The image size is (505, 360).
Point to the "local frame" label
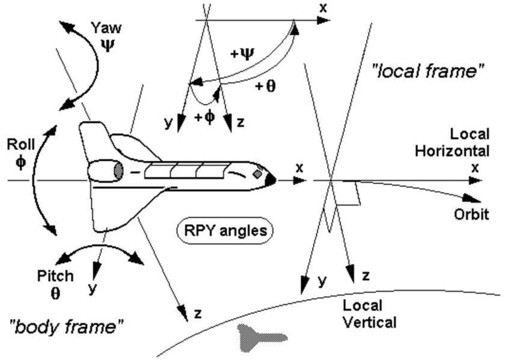click(427, 72)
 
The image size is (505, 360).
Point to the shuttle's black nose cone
click(271, 179)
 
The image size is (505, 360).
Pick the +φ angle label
click(204, 117)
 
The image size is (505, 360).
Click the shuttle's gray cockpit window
click(257, 174)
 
